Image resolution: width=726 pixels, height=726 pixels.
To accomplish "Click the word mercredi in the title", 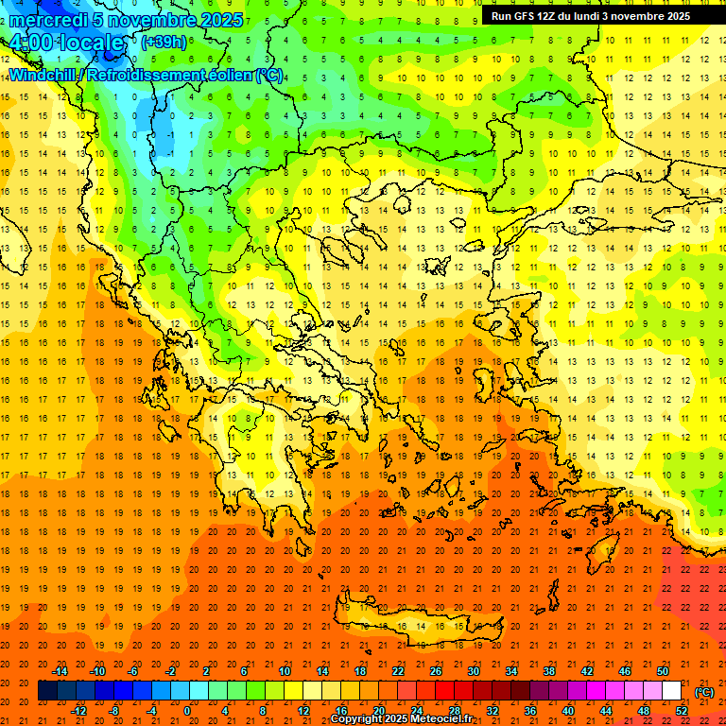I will [44, 20].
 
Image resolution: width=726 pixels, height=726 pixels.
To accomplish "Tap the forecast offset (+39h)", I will [164, 43].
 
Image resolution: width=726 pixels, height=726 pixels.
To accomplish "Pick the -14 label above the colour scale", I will [60, 670].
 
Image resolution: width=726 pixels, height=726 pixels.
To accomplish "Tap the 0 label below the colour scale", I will [187, 711].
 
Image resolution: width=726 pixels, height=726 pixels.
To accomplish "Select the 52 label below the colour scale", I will [682, 711].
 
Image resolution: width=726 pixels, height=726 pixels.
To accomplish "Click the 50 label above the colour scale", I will [663, 670].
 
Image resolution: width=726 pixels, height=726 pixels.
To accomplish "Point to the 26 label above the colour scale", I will [436, 670].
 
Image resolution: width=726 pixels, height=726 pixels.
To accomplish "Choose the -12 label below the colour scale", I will [78, 711].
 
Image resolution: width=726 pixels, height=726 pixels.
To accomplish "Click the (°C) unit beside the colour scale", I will [704, 691].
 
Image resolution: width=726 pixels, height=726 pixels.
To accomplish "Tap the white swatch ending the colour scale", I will [671, 691].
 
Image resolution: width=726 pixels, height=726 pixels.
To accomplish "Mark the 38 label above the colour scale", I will [549, 670].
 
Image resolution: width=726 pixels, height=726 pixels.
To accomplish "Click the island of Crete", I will [406, 625].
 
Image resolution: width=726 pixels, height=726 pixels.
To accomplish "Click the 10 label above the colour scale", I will [285, 670].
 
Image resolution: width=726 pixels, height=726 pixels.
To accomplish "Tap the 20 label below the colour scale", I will [378, 711].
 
